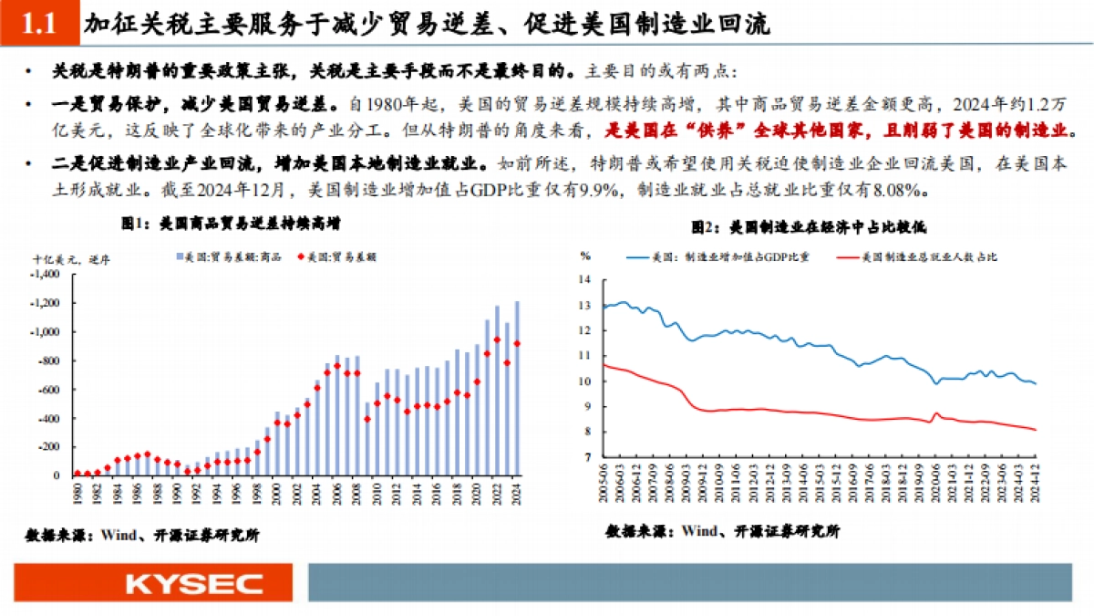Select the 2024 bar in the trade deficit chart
517,388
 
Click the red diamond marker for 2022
497,339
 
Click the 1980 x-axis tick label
77,494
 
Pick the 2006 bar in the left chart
337,415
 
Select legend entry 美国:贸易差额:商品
224,258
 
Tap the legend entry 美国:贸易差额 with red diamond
338,258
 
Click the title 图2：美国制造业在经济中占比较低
808,225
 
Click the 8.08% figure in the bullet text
904,191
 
